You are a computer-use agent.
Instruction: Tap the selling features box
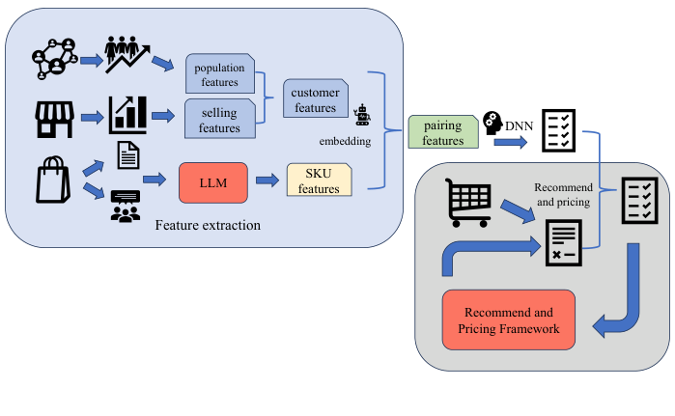pos(219,122)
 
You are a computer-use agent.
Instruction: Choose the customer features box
pos(315,101)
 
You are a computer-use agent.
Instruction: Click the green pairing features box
pos(442,132)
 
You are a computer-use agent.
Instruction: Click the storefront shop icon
pos(55,118)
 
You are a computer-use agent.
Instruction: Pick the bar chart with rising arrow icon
pos(128,116)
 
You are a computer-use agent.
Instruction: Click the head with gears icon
pos(492,123)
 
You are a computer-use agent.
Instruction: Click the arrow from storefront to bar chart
pos(93,118)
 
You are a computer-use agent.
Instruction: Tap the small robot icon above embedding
pos(363,115)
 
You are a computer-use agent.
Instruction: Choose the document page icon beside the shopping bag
pos(127,155)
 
